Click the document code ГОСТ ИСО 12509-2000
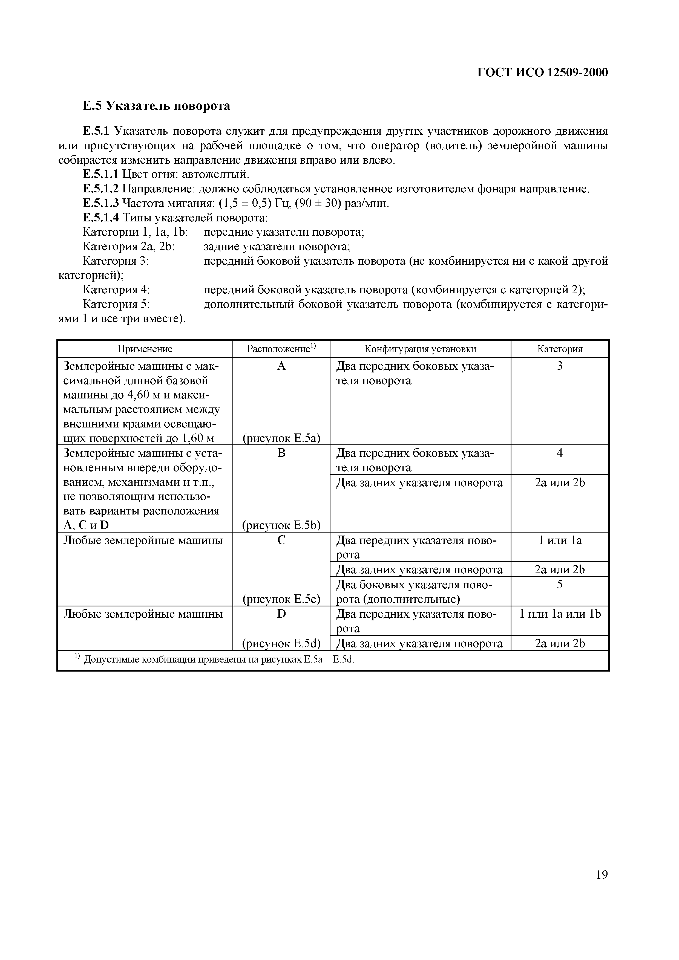tap(543, 73)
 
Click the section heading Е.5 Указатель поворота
tap(156, 106)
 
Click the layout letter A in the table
tap(281, 366)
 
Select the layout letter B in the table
tap(281, 453)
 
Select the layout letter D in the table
tap(281, 614)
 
